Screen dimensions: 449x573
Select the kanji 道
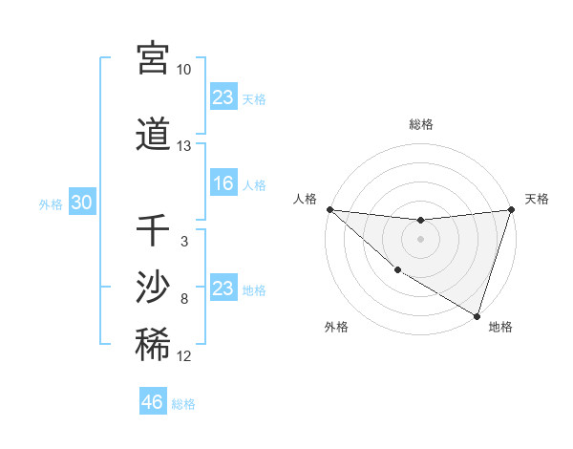(153, 135)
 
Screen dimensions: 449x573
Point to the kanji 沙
(153, 287)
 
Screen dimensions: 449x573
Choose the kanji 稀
(153, 345)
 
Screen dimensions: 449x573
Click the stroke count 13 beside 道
(183, 146)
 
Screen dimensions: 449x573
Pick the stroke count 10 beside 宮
(183, 70)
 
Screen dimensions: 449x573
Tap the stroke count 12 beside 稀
(183, 356)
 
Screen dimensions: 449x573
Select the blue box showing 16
(223, 184)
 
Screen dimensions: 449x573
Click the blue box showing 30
(81, 203)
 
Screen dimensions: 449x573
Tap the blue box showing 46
(153, 403)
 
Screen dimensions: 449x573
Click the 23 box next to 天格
(223, 97)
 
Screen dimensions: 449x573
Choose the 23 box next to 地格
(223, 289)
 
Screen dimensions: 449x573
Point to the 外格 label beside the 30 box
(51, 204)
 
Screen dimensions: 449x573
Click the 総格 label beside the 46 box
(183, 404)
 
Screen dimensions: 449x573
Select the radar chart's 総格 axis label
(420, 124)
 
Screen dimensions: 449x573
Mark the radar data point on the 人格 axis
(329, 209)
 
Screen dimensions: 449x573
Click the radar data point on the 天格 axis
(511, 209)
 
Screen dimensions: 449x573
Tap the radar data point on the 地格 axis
(477, 315)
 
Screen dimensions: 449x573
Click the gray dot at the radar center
(420, 239)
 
